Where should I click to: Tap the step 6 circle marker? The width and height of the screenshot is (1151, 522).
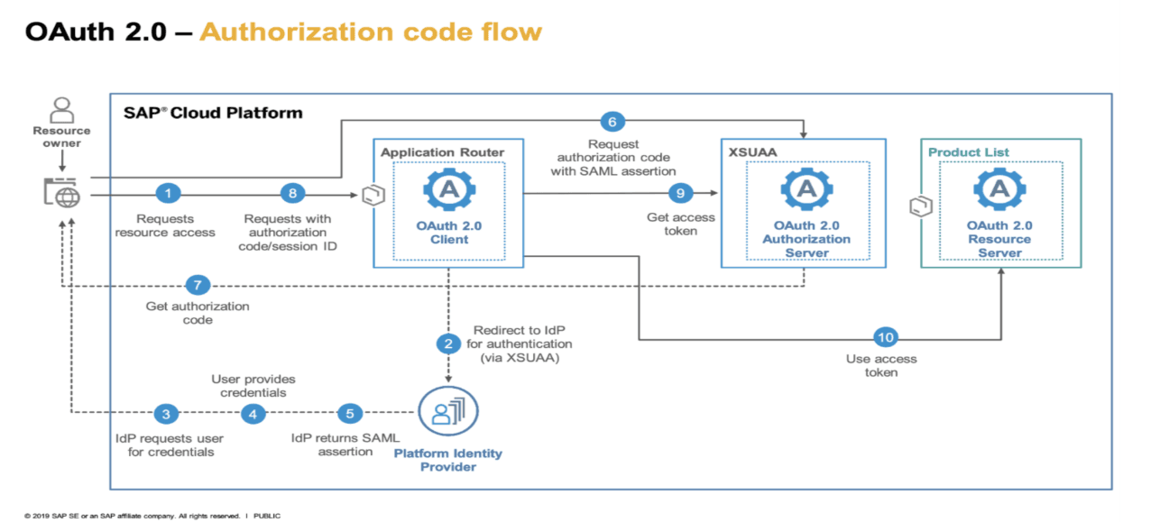coord(612,122)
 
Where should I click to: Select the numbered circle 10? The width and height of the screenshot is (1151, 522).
coord(886,338)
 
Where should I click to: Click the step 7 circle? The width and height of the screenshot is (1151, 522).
coord(198,286)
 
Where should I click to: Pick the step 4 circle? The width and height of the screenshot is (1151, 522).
coord(253,414)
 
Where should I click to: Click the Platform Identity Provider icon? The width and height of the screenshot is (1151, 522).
coord(448,413)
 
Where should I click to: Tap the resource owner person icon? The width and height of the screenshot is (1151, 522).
coord(62,110)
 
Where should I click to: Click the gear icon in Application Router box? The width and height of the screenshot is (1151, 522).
coord(449,189)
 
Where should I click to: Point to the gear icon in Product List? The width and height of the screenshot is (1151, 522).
coord(999,189)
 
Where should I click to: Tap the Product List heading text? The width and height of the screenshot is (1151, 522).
coord(969,153)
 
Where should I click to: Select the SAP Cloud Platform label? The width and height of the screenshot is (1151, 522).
coord(213,114)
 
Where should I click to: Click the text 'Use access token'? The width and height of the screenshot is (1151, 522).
coord(881,365)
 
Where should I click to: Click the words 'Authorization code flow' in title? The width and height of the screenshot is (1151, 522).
coord(371,32)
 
